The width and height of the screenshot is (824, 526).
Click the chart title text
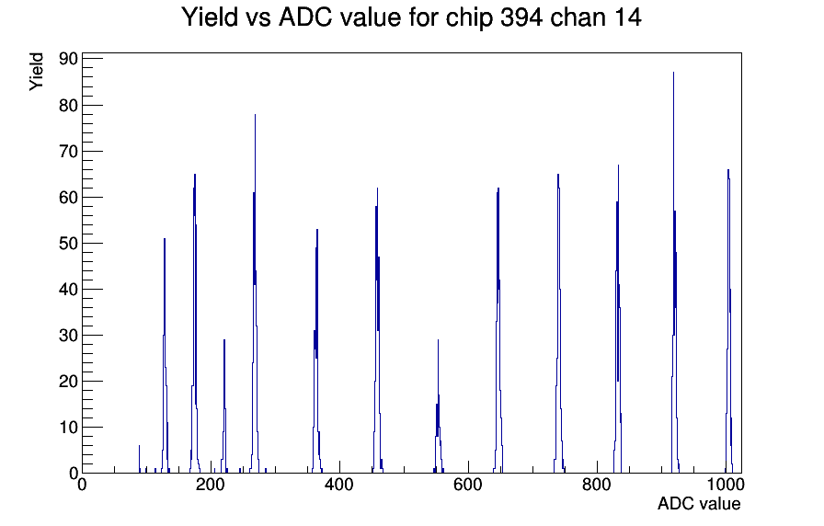[411, 17]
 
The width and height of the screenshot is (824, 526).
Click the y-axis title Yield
[36, 72]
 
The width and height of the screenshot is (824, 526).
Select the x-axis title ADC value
[699, 503]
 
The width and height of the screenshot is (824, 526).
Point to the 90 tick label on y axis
[69, 59]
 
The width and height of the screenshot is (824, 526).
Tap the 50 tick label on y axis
[69, 244]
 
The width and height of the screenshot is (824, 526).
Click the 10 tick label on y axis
[69, 428]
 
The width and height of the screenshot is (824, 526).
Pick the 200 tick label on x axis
[211, 484]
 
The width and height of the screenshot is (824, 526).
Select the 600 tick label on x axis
[468, 484]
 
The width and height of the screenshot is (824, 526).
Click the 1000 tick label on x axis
[726, 484]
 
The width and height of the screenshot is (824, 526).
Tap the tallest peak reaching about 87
[674, 73]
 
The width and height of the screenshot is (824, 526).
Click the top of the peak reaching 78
[255, 115]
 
